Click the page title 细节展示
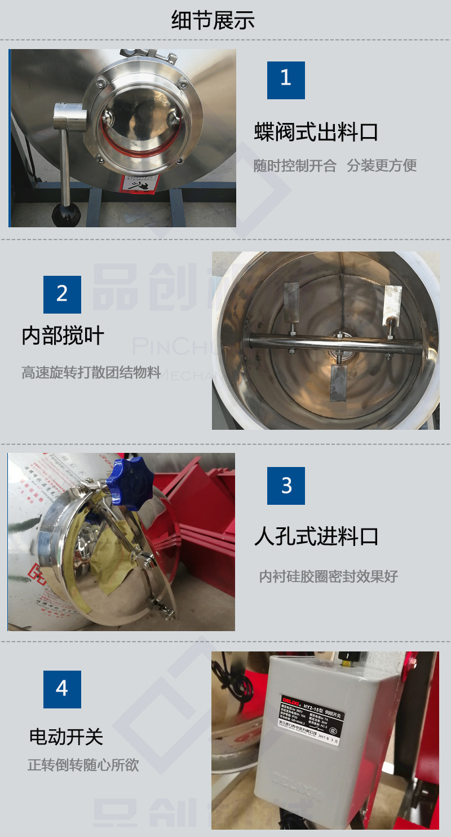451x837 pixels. coord(213,20)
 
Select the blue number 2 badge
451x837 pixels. coord(62,294)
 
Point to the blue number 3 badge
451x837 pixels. coord(286,486)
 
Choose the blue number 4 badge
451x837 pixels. coord(62,689)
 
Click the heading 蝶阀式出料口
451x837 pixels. coord(316,133)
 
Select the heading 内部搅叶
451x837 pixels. coord(63,336)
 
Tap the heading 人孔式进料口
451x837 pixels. coord(316,536)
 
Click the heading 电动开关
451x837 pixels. coord(66,737)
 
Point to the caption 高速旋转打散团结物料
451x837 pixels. coord(91,373)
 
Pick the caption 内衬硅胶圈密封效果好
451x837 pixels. coord(328,576)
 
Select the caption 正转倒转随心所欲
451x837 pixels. coord(83,765)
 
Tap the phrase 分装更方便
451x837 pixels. coord(382,166)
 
